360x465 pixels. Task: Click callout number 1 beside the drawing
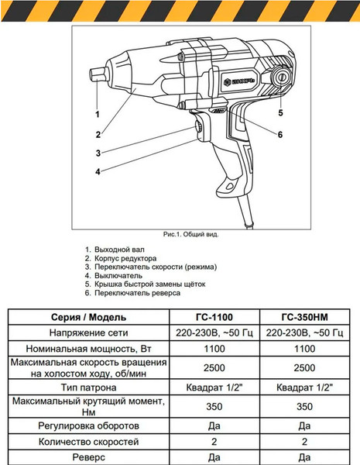pyautogui.click(x=98, y=114)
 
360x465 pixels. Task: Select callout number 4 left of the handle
pyautogui.click(x=98, y=171)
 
